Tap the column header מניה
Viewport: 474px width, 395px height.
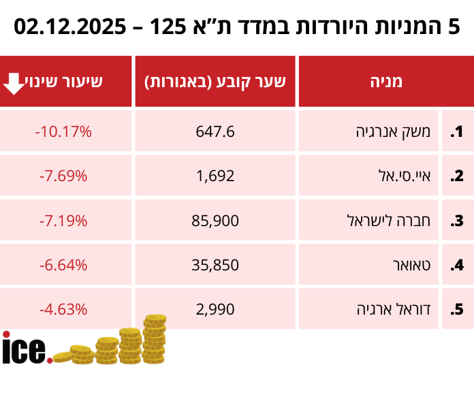385,82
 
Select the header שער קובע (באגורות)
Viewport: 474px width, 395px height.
215,82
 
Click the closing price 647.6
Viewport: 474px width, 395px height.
215,131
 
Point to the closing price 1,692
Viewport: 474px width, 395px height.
215,176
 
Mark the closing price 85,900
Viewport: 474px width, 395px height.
215,220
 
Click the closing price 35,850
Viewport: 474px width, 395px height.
215,264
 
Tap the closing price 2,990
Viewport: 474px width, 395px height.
215,309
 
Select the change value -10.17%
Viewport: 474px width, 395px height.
63,131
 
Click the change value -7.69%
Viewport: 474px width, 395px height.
63,176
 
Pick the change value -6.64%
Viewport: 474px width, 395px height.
63,264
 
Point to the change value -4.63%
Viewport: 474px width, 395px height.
63,309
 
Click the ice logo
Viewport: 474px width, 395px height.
26,348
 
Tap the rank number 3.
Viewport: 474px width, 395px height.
457,221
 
